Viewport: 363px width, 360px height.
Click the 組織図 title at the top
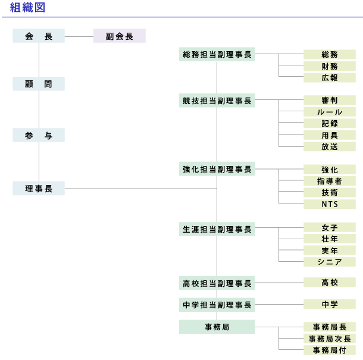(27, 8)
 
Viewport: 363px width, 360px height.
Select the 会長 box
(39, 36)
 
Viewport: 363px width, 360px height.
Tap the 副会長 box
(119, 36)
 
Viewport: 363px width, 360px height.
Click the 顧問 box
(39, 84)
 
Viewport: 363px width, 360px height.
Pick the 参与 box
(39, 136)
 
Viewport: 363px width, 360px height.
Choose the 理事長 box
(39, 189)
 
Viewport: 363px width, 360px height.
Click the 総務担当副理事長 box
(217, 55)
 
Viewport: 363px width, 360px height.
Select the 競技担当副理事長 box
(217, 101)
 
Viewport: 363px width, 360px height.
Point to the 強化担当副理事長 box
(217, 170)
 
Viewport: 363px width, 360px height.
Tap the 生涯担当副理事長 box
(217, 228)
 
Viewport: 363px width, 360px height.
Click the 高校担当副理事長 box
(217, 283)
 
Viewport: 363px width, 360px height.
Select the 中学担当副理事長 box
(217, 305)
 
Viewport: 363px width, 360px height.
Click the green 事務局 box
(217, 327)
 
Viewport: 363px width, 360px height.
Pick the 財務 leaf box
(330, 66)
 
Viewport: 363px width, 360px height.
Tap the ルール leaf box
(330, 112)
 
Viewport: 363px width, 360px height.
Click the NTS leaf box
(330, 204)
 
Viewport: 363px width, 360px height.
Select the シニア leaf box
(330, 262)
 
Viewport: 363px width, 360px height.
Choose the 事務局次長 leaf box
(330, 339)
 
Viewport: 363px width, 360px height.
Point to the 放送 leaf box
(330, 146)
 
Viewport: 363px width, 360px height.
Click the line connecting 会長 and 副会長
(79, 36)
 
